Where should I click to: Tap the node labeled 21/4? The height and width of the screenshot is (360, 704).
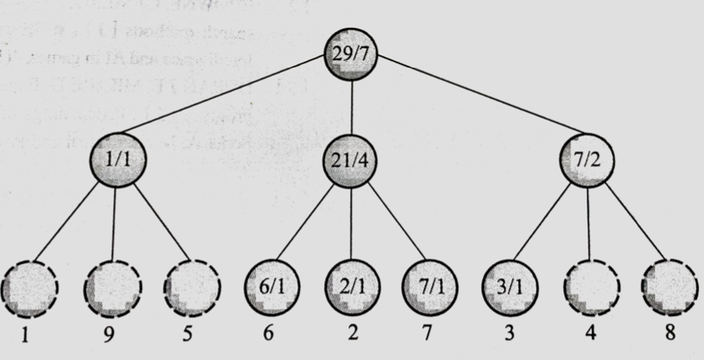[x=352, y=158]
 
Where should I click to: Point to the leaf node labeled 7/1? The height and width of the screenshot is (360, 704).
[x=429, y=289]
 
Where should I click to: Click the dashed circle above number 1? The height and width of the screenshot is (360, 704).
[x=30, y=289]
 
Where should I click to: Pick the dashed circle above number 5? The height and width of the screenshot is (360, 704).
[x=190, y=289]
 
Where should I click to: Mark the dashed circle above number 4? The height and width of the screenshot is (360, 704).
[x=589, y=289]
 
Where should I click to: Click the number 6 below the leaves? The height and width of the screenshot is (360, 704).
[x=269, y=333]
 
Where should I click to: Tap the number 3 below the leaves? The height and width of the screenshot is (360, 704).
[x=509, y=333]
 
